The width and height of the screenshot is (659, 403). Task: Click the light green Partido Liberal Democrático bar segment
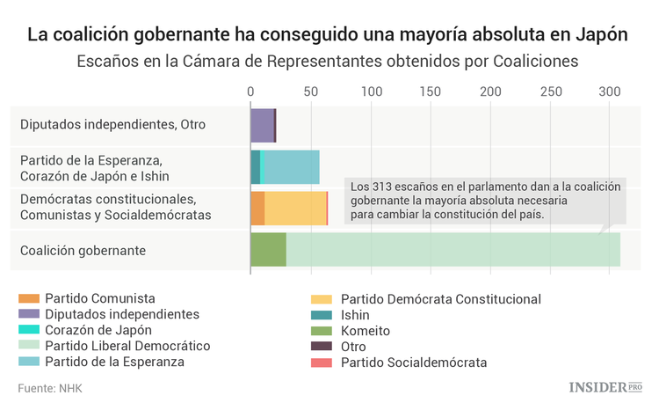pyautogui.click(x=453, y=250)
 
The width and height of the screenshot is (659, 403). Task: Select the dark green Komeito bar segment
pyautogui.click(x=268, y=250)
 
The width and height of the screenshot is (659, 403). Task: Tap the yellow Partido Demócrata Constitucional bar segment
pyautogui.click(x=295, y=208)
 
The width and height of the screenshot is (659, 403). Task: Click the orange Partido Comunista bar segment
pyautogui.click(x=257, y=208)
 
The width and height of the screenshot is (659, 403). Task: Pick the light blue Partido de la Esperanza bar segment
pyautogui.click(x=292, y=166)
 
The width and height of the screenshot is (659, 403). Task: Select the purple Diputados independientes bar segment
pyautogui.click(x=262, y=125)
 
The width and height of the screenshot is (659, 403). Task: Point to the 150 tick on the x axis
pyautogui.click(x=431, y=91)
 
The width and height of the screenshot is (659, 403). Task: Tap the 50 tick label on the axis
pyautogui.click(x=310, y=91)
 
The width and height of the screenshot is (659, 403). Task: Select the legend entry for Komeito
pyautogui.click(x=365, y=331)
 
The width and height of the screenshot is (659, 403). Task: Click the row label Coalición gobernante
pyautogui.click(x=83, y=251)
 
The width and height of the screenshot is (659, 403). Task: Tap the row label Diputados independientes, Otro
pyautogui.click(x=112, y=125)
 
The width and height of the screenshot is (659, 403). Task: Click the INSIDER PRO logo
pyautogui.click(x=605, y=386)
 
